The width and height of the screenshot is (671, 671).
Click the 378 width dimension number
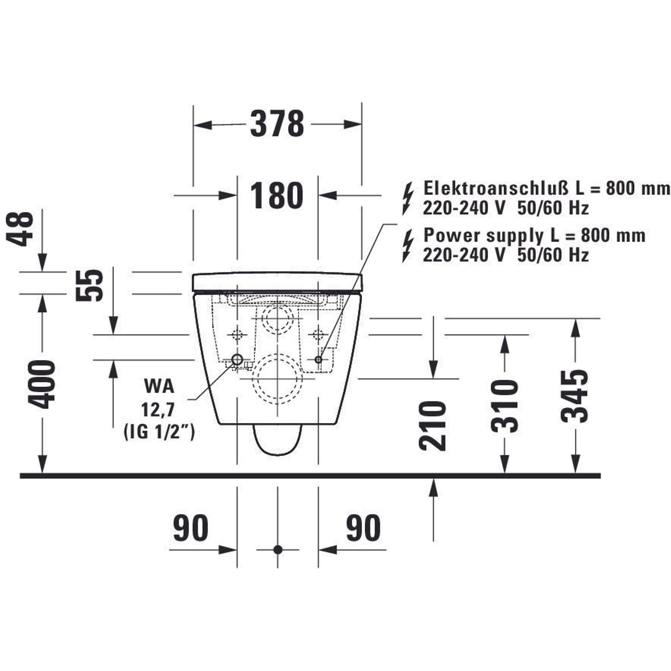pyautogui.click(x=277, y=124)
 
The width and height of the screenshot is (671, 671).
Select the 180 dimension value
pyautogui.click(x=276, y=196)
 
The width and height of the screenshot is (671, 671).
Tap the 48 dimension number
pyautogui.click(x=20, y=229)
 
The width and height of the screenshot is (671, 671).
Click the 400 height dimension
pyautogui.click(x=41, y=384)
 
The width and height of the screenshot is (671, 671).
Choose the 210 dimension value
pyautogui.click(x=432, y=426)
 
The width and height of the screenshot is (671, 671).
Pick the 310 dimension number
pyautogui.click(x=504, y=407)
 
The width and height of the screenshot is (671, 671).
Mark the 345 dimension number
pyautogui.click(x=575, y=396)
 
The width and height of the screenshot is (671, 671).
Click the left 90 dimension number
pyautogui.click(x=191, y=528)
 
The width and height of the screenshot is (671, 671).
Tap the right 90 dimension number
pyautogui.click(x=363, y=528)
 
